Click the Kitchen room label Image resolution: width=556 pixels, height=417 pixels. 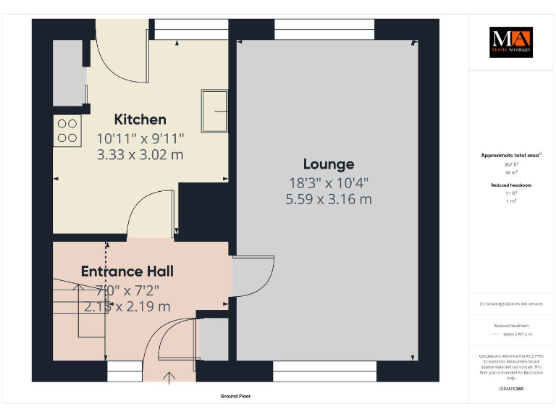140,119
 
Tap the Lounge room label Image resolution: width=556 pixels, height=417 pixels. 328,164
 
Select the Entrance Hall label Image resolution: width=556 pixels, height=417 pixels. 127,271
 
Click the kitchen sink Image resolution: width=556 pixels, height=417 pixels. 215,111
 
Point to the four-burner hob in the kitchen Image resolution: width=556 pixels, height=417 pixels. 67,130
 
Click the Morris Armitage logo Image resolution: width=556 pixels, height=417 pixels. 510,42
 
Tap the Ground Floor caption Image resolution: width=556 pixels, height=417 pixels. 235,396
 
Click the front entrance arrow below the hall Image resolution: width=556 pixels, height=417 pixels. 172,377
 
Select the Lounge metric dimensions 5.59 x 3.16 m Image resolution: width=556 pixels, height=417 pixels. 328,198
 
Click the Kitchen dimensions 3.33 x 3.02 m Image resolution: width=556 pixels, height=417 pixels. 140,154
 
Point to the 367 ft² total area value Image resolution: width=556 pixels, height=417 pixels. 511,164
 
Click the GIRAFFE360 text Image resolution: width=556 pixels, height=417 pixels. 511,389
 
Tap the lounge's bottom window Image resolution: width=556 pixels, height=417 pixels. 324,371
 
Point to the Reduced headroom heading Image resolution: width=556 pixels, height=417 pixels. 511,185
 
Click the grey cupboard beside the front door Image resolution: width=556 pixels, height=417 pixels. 212,339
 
